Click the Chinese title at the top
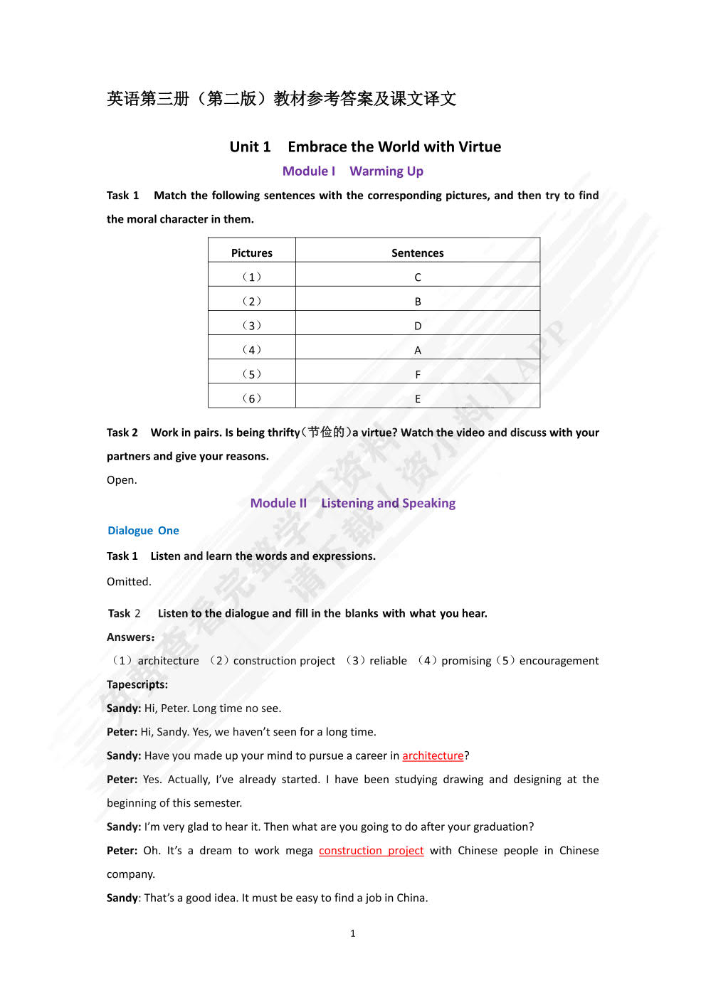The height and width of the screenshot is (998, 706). [281, 98]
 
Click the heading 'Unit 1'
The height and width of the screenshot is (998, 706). [250, 147]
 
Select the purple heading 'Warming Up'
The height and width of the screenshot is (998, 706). [386, 171]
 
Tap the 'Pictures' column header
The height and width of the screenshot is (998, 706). [251, 253]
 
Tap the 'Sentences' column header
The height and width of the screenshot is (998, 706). [417, 253]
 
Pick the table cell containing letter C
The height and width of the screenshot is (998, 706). [418, 277]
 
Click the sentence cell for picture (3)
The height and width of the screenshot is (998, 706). [418, 326]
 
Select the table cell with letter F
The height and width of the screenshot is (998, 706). [418, 374]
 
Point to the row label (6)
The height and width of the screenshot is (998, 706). [251, 398]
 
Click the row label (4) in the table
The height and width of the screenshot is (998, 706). [251, 350]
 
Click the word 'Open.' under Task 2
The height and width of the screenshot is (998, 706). [122, 479]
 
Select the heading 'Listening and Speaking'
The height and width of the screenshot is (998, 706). [388, 503]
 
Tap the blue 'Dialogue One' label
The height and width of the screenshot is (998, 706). [143, 530]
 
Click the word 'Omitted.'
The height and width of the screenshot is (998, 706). [129, 581]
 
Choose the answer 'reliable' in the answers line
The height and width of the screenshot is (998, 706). [388, 660]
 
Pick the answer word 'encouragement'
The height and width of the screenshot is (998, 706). [559, 660]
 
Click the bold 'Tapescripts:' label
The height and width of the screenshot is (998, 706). [137, 684]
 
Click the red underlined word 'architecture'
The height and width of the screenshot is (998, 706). [433, 755]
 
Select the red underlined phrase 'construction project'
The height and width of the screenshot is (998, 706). [371, 850]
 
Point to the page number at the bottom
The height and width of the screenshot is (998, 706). [352, 933]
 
